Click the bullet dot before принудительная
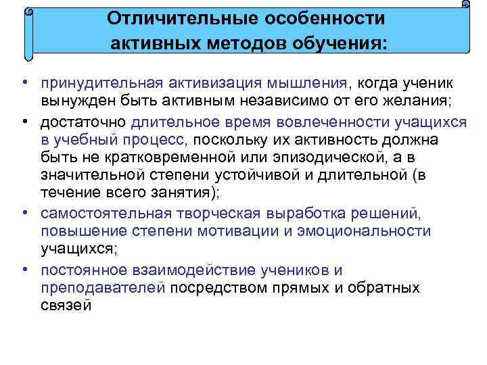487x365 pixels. [24, 82]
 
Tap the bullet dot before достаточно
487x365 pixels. [24, 122]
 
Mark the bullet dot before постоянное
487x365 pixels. [24, 270]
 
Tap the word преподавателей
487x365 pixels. [103, 288]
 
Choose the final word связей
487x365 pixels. [66, 306]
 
